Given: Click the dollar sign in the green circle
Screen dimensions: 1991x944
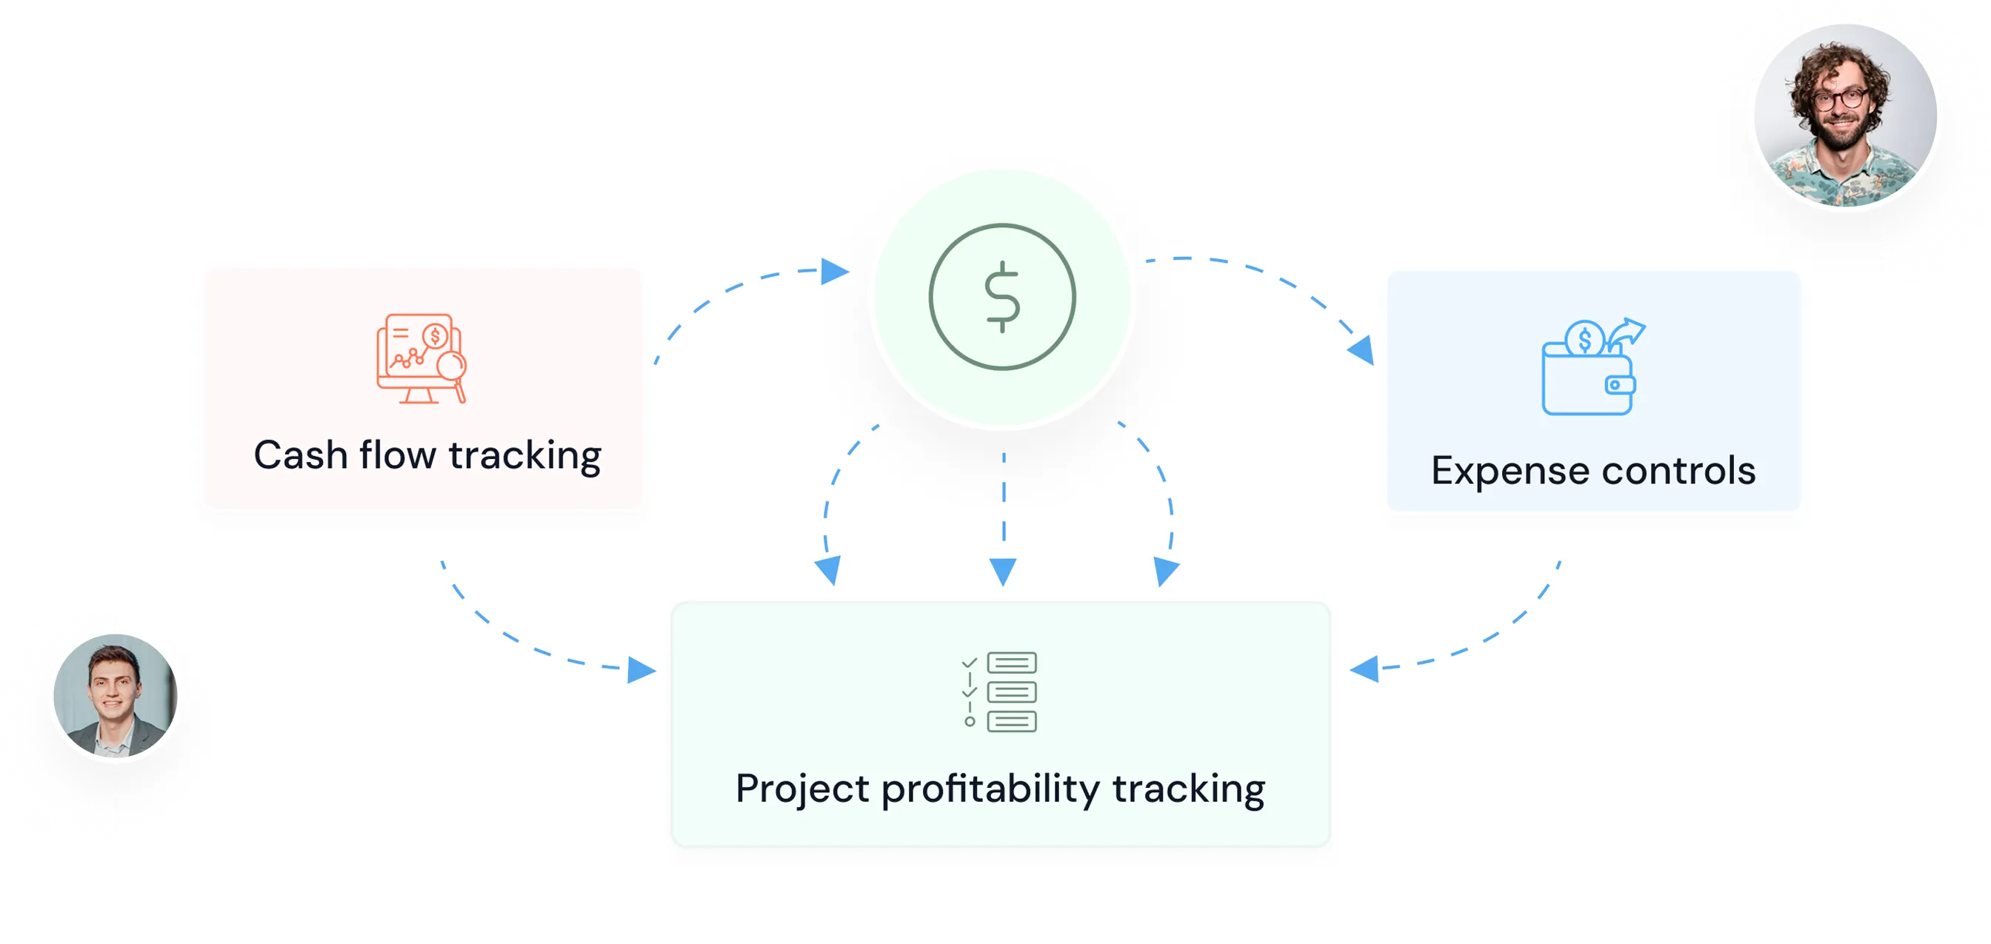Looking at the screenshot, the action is click(1002, 298).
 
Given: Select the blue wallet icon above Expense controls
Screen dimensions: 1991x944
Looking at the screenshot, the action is click(1593, 366).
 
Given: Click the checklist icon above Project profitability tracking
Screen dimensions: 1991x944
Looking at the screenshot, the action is click(998, 692).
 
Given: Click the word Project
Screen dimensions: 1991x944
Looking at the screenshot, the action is click(802, 789).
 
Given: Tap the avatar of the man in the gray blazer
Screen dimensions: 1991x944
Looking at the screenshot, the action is click(115, 696).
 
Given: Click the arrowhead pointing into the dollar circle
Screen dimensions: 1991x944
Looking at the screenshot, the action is click(835, 271).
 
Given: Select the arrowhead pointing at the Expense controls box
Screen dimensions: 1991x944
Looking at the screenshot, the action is click(1362, 350).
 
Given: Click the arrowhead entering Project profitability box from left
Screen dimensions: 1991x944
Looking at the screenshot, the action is click(641, 670).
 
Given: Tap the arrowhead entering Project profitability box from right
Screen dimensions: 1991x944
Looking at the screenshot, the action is click(1364, 669).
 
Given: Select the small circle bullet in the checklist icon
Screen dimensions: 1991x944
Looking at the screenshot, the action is click(970, 722).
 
